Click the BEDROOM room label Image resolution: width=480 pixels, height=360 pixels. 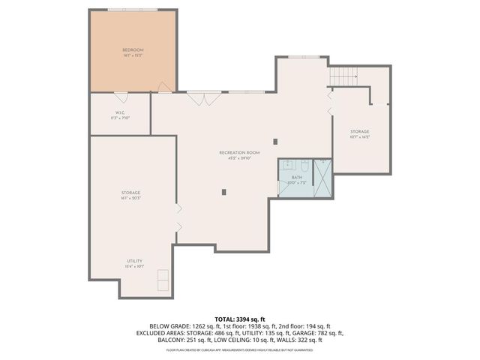(x=133, y=50)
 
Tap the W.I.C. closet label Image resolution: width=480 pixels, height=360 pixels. (x=121, y=114)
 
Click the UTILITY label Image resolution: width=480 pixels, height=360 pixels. (x=134, y=261)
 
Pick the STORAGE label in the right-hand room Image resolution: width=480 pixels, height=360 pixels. (x=360, y=132)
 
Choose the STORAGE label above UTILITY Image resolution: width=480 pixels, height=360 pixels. (x=130, y=193)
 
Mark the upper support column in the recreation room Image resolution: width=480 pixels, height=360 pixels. (x=275, y=141)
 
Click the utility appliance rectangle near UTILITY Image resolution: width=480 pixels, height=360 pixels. (x=161, y=280)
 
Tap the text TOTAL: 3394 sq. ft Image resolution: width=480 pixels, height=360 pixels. (x=240, y=319)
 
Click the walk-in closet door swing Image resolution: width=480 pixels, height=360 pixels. (x=121, y=97)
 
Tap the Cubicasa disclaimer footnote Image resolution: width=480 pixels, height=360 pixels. (x=240, y=349)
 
